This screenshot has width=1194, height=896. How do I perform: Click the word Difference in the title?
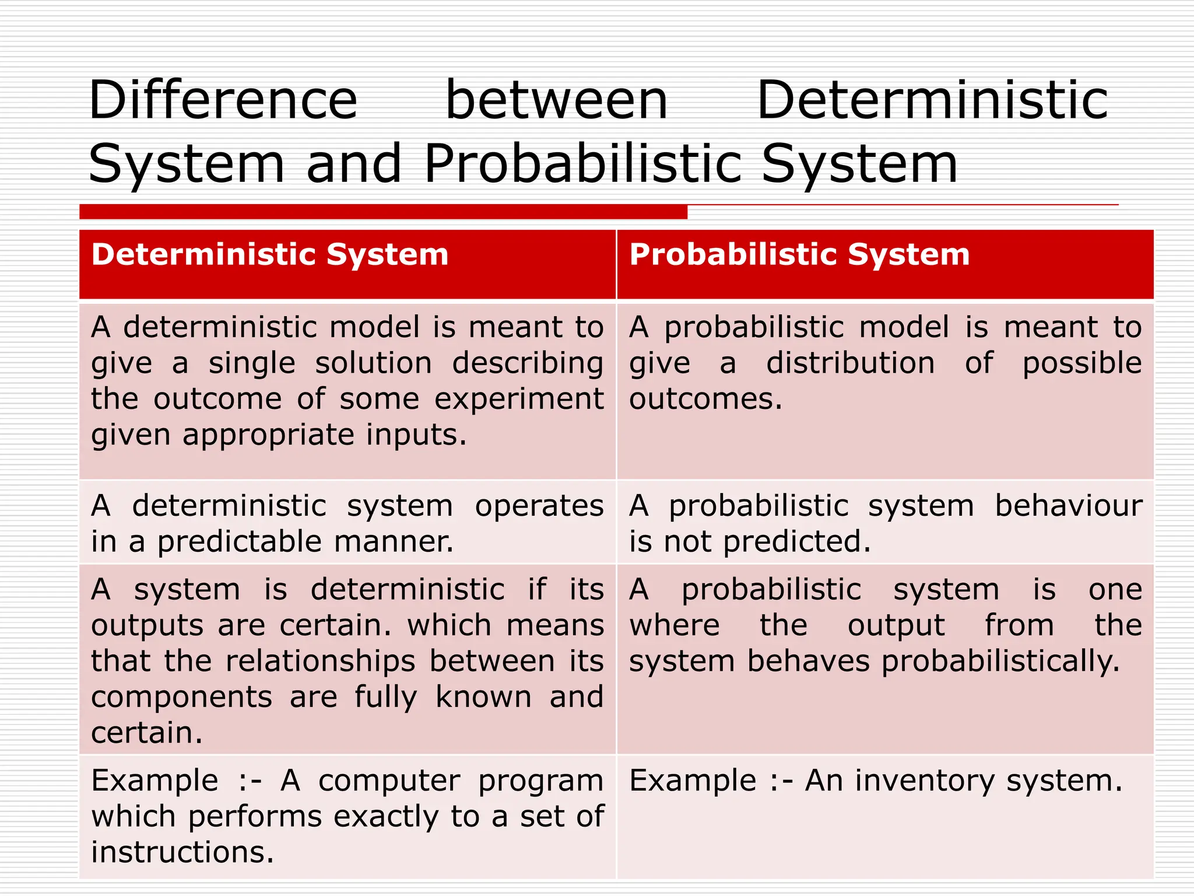coord(223,100)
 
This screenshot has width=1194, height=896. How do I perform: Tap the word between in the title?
coord(556,100)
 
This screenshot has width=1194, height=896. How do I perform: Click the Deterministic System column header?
coord(270,255)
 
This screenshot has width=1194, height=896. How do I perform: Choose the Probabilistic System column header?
coord(799,255)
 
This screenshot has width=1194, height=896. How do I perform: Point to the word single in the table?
coord(252,363)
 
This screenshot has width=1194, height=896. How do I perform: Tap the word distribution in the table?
coord(851,363)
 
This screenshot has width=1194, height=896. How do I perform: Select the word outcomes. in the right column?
coord(705,400)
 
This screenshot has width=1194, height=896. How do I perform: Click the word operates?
coord(539,506)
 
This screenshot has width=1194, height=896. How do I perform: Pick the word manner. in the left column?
coord(394,542)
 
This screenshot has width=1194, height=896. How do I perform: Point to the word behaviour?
coord(1068,506)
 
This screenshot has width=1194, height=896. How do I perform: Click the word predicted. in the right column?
coord(796,542)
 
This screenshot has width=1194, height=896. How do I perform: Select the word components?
coord(181,698)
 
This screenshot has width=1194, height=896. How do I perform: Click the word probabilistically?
coord(1000,661)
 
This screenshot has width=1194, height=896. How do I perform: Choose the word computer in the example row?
coord(389,781)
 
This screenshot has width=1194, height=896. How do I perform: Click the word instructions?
coord(182,853)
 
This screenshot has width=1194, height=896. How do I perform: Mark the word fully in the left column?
coord(386,698)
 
